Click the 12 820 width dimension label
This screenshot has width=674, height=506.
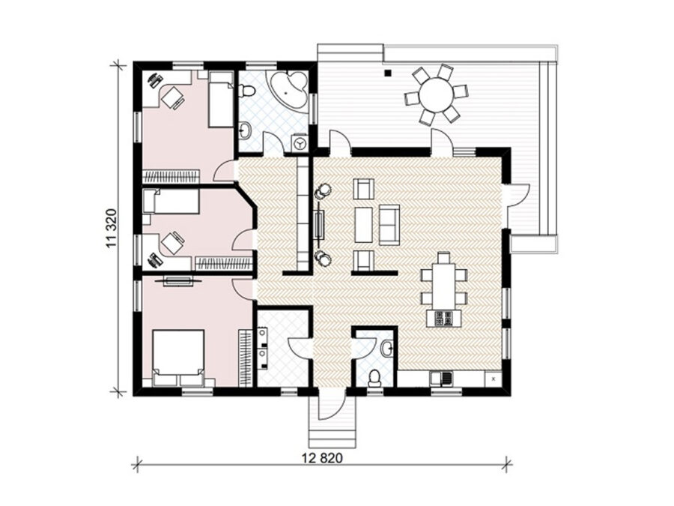pyautogui.click(x=322, y=458)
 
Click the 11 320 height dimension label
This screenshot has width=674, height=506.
pyautogui.click(x=111, y=229)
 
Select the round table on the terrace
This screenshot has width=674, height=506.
pyautogui.click(x=437, y=94)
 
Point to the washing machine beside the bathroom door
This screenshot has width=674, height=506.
pyautogui.click(x=300, y=143)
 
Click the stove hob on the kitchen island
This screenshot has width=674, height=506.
pyautogui.click(x=443, y=318)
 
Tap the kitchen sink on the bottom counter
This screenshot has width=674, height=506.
pyautogui.click(x=441, y=379)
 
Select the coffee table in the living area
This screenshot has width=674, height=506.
pyautogui.click(x=364, y=224)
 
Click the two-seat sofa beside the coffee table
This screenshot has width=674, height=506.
pyautogui.click(x=389, y=224)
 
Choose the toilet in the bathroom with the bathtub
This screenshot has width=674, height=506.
pyautogui.click(x=247, y=91)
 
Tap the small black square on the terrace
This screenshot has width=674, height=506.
pyautogui.click(x=388, y=73)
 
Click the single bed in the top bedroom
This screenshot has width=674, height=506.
pyautogui.click(x=221, y=99)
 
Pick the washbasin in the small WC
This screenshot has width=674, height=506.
pyautogui.click(x=387, y=348)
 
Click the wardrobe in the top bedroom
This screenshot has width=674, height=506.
pyautogui.click(x=171, y=176)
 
